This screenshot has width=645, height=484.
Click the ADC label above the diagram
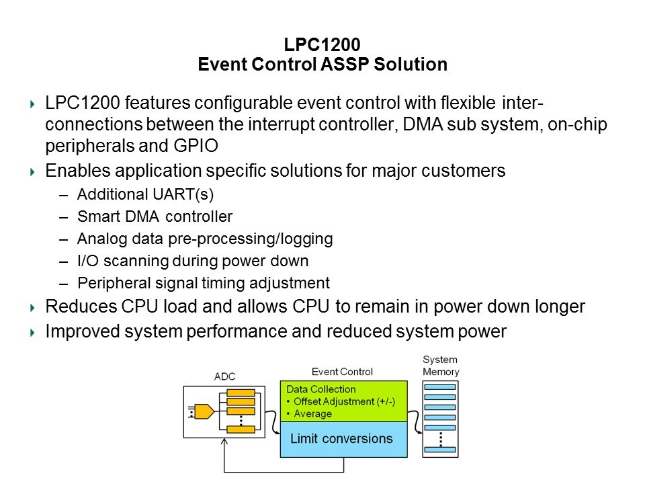(225, 377)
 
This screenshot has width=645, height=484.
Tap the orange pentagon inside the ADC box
(204, 411)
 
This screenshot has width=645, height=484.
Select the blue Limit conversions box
(343, 439)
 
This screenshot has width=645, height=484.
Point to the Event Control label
(342, 372)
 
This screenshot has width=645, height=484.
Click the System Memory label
(440, 366)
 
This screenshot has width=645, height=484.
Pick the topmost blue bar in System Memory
(440, 387)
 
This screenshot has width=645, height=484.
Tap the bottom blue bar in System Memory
(440, 448)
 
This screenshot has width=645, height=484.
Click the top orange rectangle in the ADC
(241, 393)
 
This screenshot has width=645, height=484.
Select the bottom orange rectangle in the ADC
(241, 429)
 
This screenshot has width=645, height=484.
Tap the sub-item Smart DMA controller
(155, 216)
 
